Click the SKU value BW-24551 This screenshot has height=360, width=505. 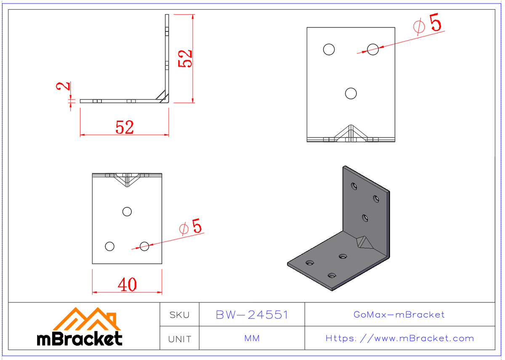click(252, 315)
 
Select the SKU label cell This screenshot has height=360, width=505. click(179, 315)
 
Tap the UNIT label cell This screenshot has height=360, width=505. click(179, 339)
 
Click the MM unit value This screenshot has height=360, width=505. click(252, 339)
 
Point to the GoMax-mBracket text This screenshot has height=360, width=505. click(399, 315)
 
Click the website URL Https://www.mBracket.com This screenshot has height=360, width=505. click(400, 339)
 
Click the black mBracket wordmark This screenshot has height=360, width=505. click(80, 338)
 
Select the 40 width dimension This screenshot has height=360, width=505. click(127, 285)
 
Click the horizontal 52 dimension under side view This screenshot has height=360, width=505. click(125, 127)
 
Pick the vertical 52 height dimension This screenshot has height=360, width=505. click(186, 58)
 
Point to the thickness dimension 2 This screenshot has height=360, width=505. click(63, 86)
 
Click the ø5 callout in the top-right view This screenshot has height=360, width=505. click(428, 24)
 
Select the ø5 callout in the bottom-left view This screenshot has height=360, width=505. click(191, 228)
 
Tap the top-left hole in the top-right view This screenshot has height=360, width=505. click(329, 49)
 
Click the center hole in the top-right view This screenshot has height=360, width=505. click(351, 93)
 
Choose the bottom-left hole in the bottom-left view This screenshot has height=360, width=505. click(110, 246)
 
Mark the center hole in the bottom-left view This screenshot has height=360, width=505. click(127, 211)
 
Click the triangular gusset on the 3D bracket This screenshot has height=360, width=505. click(363, 243)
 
